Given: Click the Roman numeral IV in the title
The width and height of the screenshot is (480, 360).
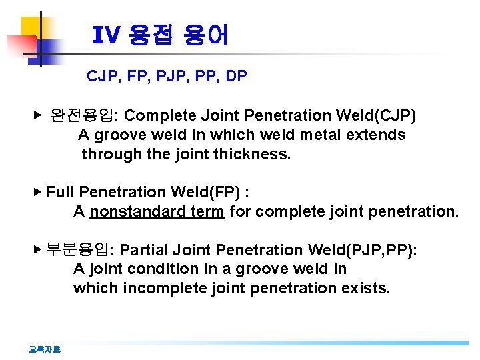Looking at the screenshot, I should [x=105, y=35].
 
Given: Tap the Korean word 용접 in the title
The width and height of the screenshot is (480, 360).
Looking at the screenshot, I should [x=148, y=35].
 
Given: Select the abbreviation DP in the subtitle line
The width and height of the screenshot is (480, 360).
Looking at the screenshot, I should [x=236, y=76].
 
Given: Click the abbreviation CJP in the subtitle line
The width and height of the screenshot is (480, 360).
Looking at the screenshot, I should [x=101, y=76].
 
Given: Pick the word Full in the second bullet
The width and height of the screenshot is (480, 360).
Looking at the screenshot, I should [x=60, y=193].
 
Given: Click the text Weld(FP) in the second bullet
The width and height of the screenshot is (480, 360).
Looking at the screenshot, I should [x=206, y=193].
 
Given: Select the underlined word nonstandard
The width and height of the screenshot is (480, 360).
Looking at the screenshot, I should [x=137, y=212].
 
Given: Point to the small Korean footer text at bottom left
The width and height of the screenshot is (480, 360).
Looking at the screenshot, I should [x=45, y=349].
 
